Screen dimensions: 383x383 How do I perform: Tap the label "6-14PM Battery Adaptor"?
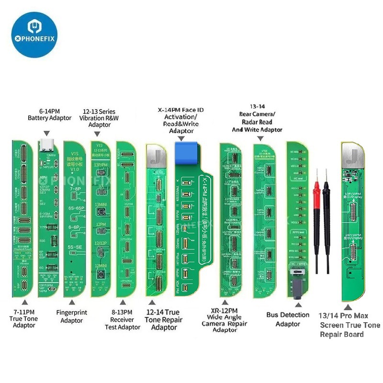[49, 114]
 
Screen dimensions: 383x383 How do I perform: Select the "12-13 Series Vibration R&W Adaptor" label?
[100, 118]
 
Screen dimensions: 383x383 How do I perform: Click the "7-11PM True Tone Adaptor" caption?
[24, 318]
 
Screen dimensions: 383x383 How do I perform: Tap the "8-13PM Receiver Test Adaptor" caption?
[123, 320]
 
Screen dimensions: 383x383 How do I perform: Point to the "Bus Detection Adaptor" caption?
[288, 319]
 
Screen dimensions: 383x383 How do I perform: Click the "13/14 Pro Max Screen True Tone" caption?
[349, 325]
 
